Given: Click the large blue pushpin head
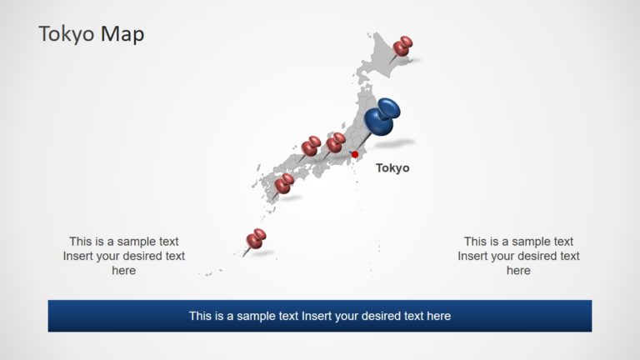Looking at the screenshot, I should click(x=385, y=117).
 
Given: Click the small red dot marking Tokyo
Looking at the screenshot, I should click(x=354, y=154).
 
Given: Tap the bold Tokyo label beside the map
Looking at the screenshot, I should click(x=392, y=167).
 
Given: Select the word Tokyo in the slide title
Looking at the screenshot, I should click(x=67, y=34).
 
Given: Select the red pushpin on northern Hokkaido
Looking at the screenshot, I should click(x=404, y=45).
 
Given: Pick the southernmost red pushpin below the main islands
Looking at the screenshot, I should click(x=257, y=239).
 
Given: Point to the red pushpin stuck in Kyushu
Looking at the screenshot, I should click(x=284, y=182).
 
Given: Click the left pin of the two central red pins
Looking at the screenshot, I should click(x=311, y=147).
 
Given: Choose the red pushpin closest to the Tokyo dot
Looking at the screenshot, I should click(x=336, y=143).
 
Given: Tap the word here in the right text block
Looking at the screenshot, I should click(x=518, y=270).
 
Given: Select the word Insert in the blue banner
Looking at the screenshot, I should click(x=318, y=316).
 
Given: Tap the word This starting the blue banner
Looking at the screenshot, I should click(x=201, y=316).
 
